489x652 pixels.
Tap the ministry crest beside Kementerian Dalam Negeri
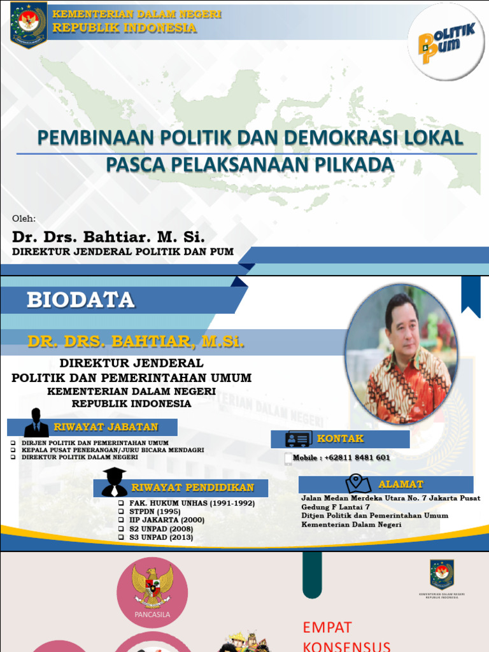29,24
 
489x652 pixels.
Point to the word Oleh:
24,219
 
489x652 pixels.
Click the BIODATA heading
80,300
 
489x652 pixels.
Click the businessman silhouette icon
36,423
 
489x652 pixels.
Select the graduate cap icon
115,482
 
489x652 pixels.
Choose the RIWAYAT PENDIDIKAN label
192,488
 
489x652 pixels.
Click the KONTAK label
341,439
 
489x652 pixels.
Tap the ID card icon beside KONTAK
298,439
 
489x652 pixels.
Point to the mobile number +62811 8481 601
357,458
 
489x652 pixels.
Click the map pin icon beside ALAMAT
358,484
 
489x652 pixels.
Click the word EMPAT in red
327,627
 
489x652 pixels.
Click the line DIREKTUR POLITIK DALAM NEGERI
80,457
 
